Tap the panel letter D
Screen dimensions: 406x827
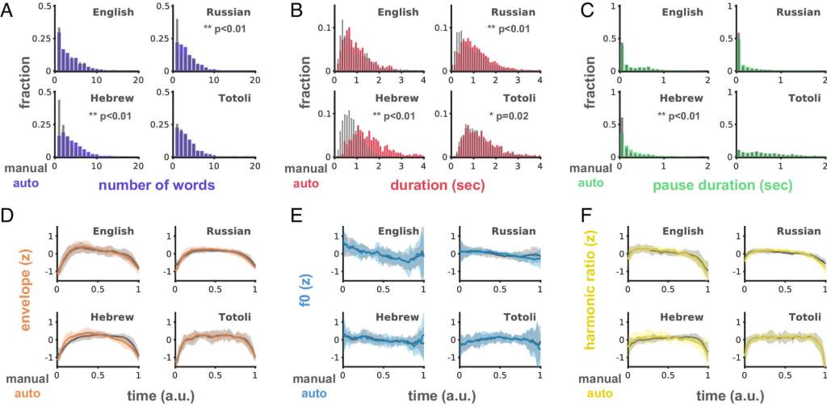coord(12,216)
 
